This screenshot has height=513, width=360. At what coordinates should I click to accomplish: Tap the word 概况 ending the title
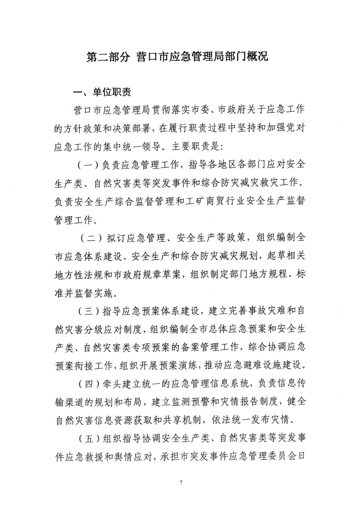point(261,57)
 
